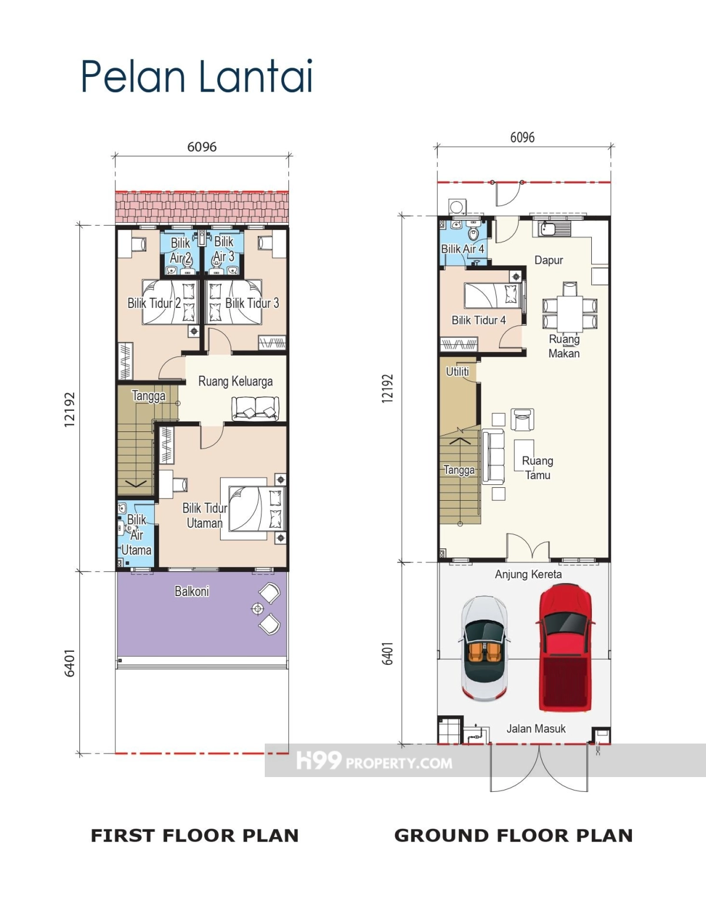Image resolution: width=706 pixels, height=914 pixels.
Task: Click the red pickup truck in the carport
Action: (565, 647)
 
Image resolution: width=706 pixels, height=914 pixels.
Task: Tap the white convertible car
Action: (484, 648)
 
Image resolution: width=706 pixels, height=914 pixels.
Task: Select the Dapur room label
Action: (548, 260)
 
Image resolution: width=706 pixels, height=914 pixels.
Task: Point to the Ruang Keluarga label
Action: (235, 381)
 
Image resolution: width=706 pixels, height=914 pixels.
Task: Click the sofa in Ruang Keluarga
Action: (255, 409)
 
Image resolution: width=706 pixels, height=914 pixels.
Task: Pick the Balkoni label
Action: (192, 591)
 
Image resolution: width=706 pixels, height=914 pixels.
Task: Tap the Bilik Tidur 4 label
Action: (479, 320)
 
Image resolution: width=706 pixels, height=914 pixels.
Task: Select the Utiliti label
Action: (457, 371)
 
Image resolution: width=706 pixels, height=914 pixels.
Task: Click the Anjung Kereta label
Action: (528, 574)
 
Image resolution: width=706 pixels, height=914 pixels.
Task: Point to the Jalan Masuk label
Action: (536, 728)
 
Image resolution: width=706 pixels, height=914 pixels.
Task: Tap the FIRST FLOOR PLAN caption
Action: (195, 836)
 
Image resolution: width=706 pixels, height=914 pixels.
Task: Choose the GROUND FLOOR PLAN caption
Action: (514, 836)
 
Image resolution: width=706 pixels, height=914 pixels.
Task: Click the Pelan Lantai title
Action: (197, 76)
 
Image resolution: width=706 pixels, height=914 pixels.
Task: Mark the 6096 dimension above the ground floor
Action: (522, 138)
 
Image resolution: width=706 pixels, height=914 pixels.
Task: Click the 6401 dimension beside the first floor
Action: (70, 662)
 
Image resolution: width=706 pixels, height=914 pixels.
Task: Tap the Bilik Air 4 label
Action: (462, 249)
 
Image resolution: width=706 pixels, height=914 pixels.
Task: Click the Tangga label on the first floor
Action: (148, 396)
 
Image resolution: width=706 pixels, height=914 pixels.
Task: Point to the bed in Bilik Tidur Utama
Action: (257, 509)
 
